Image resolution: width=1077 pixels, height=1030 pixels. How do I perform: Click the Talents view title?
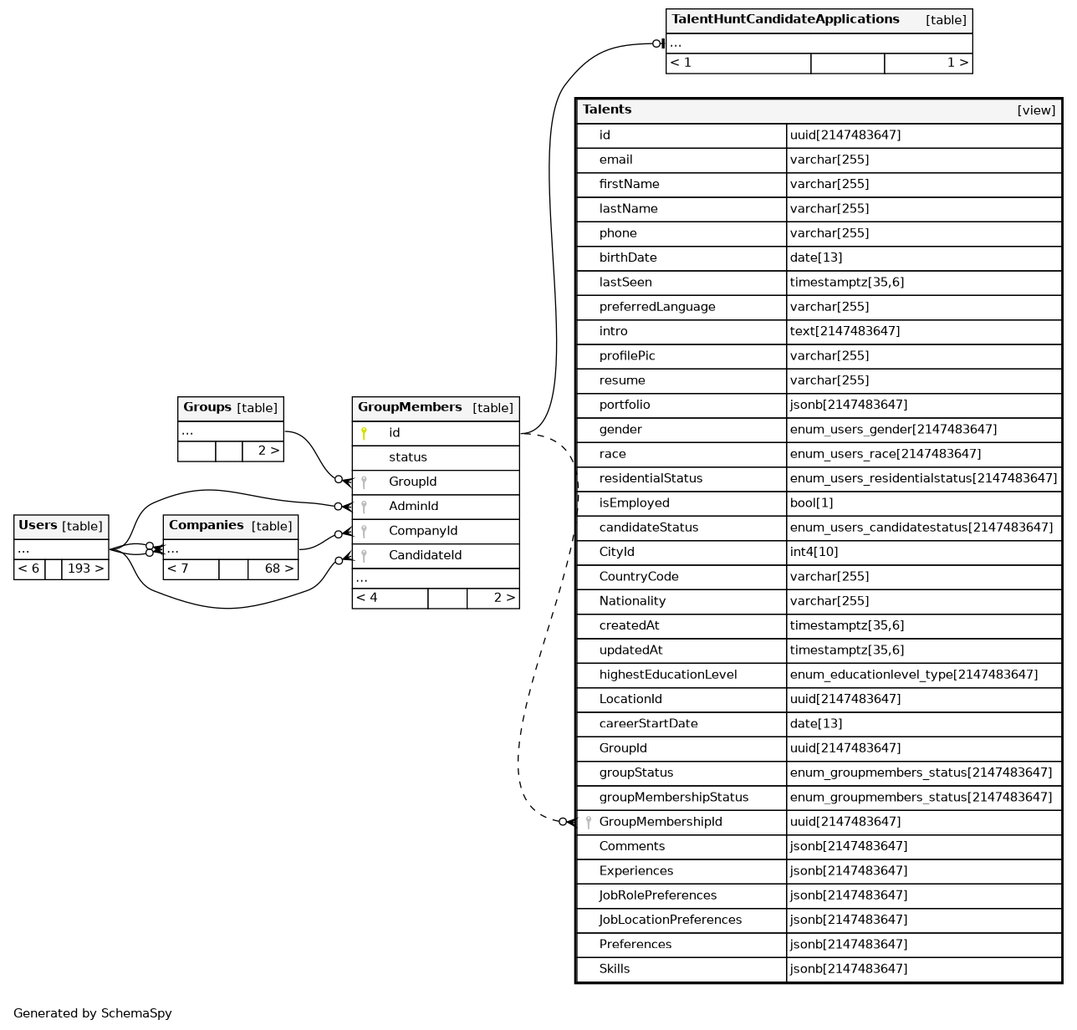[607, 110]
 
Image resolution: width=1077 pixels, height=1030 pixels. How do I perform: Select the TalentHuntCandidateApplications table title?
[785, 19]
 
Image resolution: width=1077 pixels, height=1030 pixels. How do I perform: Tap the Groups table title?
[207, 407]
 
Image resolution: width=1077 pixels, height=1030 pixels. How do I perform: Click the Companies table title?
[207, 525]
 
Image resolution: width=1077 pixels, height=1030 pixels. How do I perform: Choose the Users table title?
[38, 525]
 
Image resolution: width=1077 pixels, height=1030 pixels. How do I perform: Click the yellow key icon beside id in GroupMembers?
[364, 433]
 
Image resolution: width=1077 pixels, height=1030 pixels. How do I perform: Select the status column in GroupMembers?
[408, 457]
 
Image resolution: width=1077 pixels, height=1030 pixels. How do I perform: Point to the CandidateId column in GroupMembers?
[425, 555]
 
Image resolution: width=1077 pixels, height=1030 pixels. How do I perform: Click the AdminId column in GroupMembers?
[413, 506]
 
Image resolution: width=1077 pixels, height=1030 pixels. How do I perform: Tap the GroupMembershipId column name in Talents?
[661, 822]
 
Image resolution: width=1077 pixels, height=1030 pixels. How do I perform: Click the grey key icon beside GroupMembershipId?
[589, 822]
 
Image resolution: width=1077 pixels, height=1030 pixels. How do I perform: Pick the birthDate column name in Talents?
[628, 257]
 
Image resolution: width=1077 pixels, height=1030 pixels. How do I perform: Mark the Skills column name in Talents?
[615, 969]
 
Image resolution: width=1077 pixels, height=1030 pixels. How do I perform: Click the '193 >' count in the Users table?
[85, 569]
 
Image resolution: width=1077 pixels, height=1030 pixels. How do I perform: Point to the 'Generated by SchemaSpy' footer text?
[93, 1013]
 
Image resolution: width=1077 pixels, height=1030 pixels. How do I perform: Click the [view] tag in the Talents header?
[1036, 110]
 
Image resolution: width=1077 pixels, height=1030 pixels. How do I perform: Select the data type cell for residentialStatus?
[923, 478]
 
